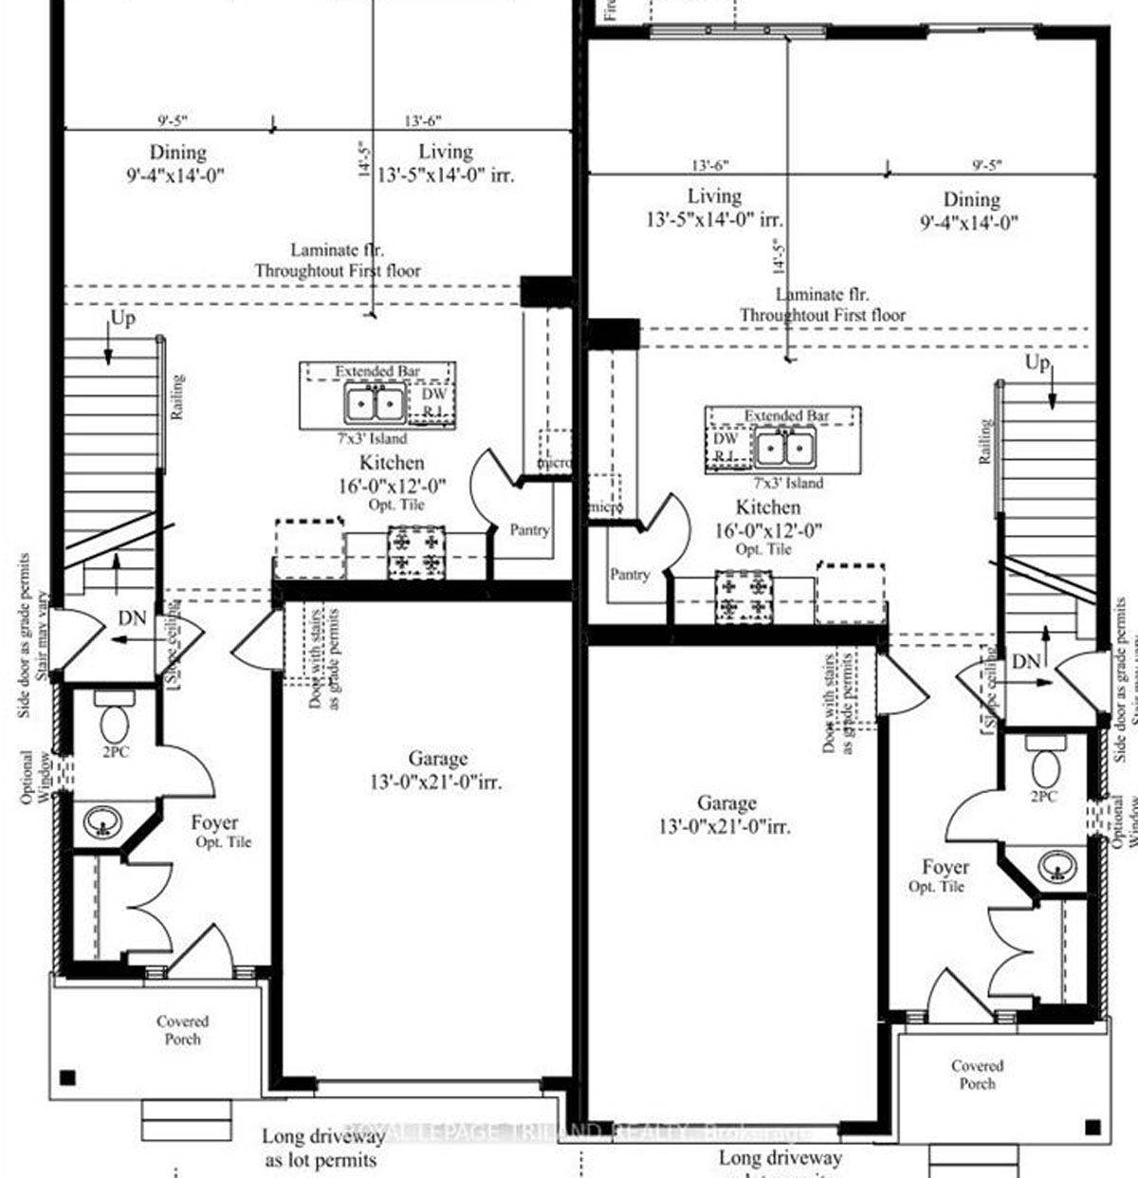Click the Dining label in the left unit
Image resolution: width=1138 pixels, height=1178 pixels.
(177, 152)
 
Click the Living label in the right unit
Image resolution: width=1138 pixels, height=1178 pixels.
(714, 196)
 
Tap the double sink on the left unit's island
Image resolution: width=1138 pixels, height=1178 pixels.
(376, 405)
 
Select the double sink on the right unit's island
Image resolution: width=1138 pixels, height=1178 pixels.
(785, 446)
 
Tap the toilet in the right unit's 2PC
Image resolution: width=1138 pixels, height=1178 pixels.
(1047, 762)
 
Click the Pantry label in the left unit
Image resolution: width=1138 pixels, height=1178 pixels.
(529, 530)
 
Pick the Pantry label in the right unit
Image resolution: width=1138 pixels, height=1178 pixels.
(630, 575)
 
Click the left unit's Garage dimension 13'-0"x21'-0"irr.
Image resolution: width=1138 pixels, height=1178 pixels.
(436, 783)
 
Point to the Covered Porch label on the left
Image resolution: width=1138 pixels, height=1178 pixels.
(183, 1030)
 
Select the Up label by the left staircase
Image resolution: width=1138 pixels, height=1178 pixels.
(123, 319)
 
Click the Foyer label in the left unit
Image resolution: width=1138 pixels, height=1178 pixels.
(214, 822)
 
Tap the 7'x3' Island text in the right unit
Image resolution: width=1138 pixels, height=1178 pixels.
(792, 483)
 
